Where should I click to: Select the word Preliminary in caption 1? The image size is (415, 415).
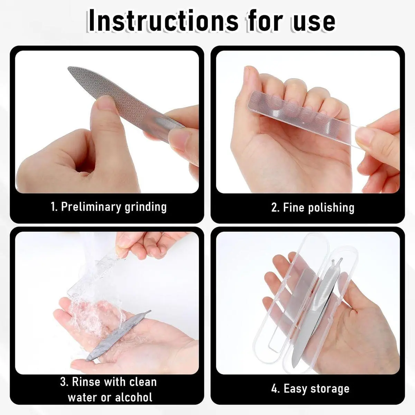[x=91, y=207]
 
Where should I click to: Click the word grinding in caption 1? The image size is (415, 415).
[x=145, y=207]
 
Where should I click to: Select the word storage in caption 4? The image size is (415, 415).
[x=328, y=388]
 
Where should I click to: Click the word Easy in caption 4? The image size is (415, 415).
[x=293, y=388]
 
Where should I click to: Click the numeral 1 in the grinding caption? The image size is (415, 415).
[x=53, y=207]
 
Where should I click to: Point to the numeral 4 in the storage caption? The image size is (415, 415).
[x=275, y=388]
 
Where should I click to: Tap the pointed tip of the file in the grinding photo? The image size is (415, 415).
[x=68, y=67]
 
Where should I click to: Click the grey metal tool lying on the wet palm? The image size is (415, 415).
[x=119, y=335]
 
